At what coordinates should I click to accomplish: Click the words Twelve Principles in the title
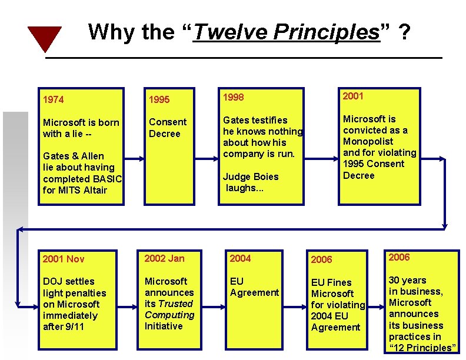tap(286, 32)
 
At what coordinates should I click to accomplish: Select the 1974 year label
tap(54, 99)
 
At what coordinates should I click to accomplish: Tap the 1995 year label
tap(159, 99)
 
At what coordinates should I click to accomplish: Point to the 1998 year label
tap(233, 97)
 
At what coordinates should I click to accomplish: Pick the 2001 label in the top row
tap(353, 96)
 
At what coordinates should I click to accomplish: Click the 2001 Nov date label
tap(64, 259)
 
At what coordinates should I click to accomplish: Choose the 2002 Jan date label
tap(165, 258)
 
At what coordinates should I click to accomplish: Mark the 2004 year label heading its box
tap(240, 258)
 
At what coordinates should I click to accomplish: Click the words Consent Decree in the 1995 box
tap(168, 128)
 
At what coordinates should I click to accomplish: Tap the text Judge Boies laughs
tap(250, 182)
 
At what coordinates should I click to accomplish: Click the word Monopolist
tap(368, 141)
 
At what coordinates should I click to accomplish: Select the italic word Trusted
tap(176, 304)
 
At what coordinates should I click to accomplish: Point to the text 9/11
tap(74, 326)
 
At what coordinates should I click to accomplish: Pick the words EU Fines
tap(331, 282)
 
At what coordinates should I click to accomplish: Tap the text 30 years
tap(407, 280)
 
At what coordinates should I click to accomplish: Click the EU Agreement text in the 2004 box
tap(254, 287)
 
